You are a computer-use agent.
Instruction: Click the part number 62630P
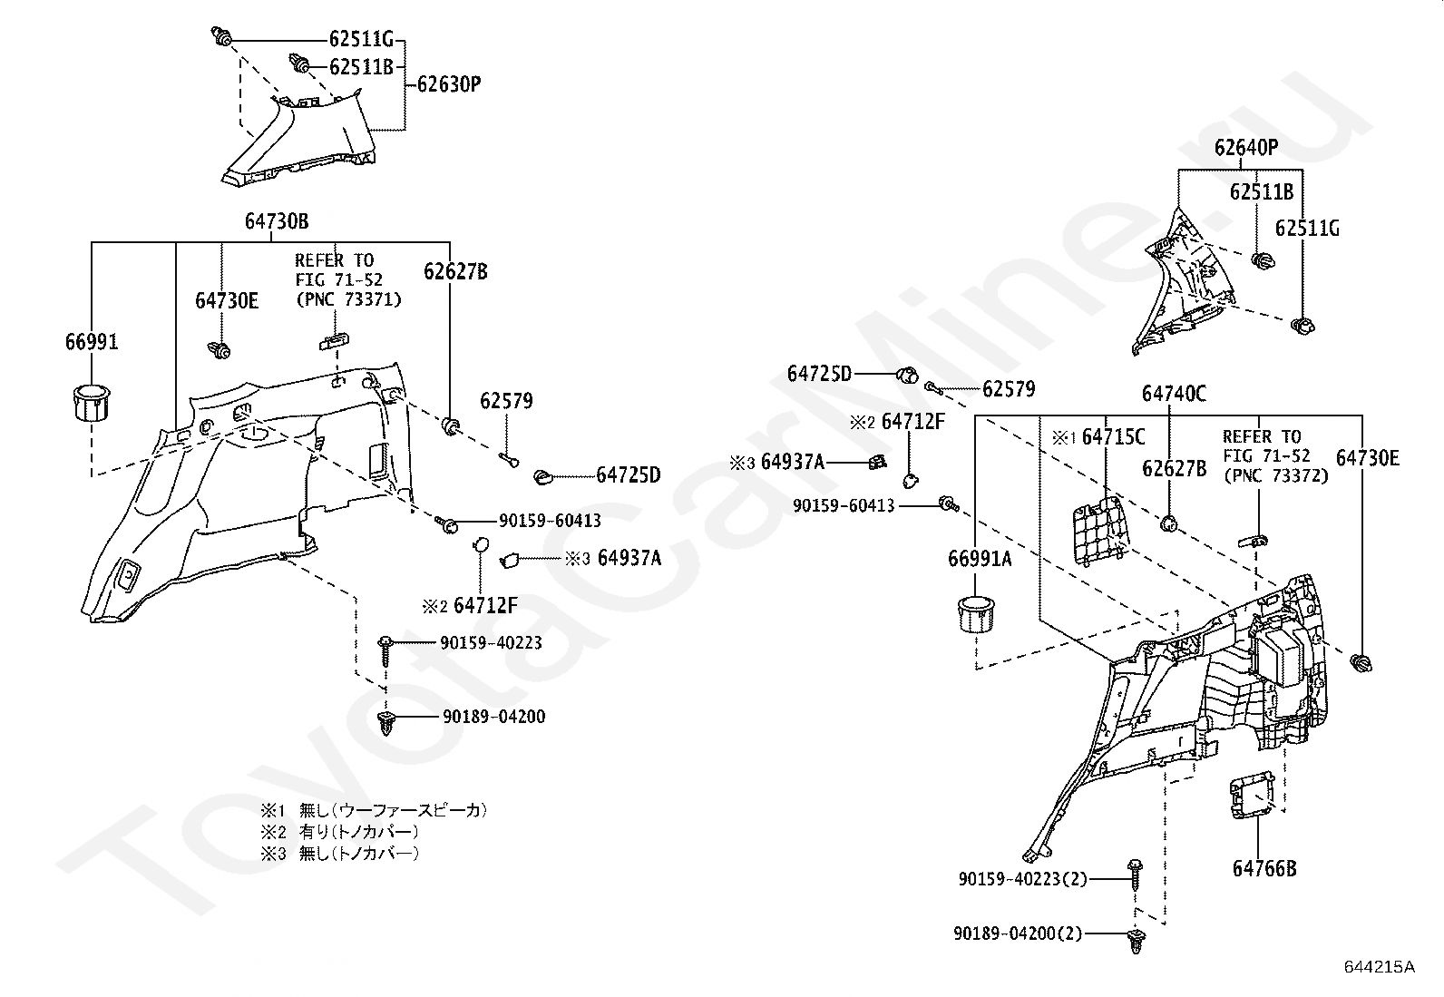click(449, 84)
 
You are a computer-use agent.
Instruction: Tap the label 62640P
click(1246, 148)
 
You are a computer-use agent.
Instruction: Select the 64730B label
click(277, 221)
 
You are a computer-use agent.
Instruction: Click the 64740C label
click(1174, 394)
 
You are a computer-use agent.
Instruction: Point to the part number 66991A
click(980, 559)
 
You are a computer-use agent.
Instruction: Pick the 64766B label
click(1264, 868)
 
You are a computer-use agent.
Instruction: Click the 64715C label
click(1113, 437)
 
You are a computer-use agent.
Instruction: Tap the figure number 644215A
click(1380, 967)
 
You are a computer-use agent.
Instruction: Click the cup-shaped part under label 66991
click(92, 402)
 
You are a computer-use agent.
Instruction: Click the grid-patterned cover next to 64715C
click(1099, 530)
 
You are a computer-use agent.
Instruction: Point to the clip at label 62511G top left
click(221, 37)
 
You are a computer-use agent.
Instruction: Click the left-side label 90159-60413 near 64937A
click(844, 505)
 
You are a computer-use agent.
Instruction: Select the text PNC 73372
click(1276, 476)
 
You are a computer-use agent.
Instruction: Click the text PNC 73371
click(348, 300)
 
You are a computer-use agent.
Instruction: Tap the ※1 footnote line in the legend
click(374, 810)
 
